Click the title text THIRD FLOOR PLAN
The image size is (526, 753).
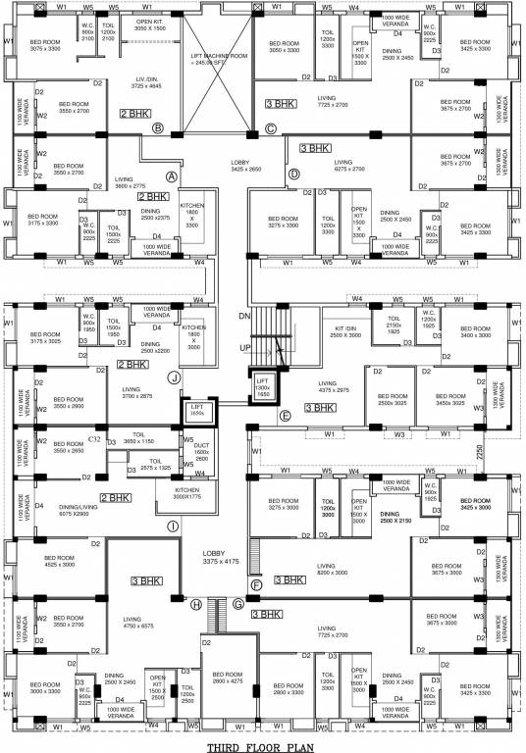pyautogui.click(x=262, y=744)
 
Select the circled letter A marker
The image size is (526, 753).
pyautogui.click(x=171, y=176)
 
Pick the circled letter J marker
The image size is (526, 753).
pyautogui.click(x=173, y=376)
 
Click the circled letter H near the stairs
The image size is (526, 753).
pyautogui.click(x=196, y=605)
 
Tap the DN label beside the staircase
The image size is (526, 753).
pyautogui.click(x=246, y=317)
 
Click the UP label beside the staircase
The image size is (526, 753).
pyautogui.click(x=246, y=349)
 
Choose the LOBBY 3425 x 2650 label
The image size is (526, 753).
pyautogui.click(x=246, y=166)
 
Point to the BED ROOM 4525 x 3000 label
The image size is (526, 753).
pyautogui.click(x=59, y=562)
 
